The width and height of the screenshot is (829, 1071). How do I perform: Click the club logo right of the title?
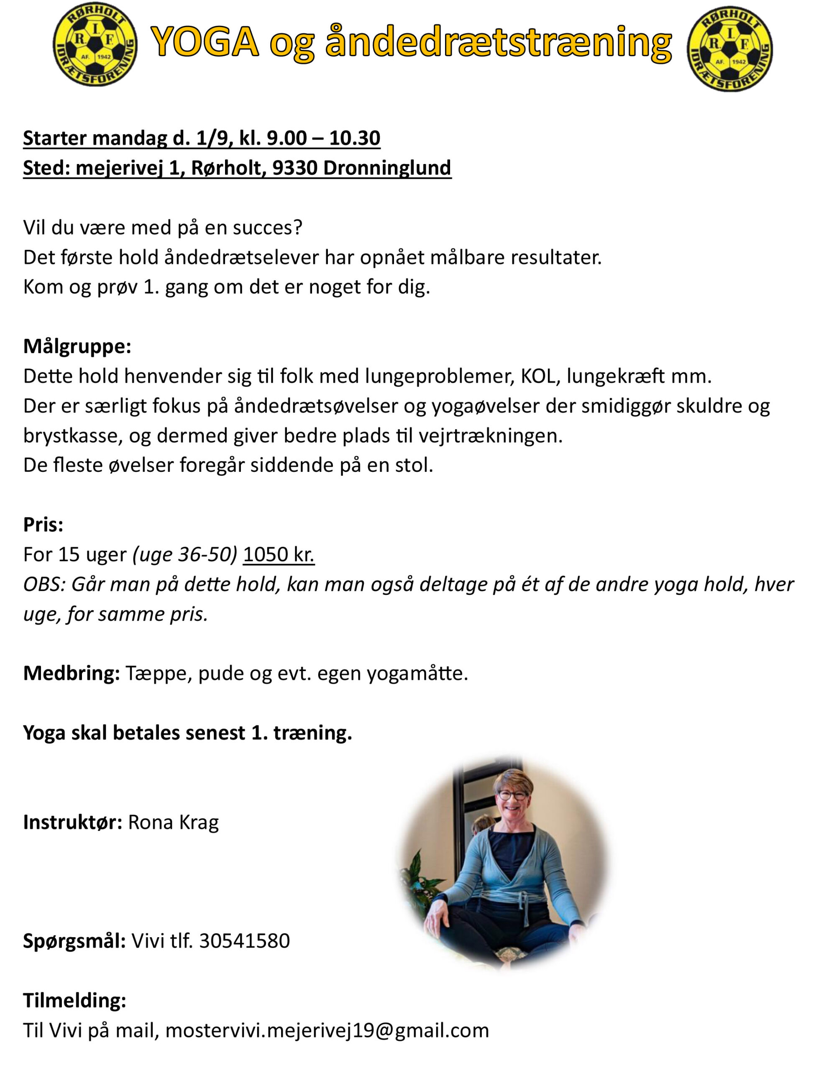[730, 48]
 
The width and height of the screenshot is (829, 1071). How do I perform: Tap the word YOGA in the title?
[205, 42]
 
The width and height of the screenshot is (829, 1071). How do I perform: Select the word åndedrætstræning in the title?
[498, 43]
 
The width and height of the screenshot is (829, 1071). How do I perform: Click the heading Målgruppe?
[77, 346]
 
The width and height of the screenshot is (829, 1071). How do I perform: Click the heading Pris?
[43, 525]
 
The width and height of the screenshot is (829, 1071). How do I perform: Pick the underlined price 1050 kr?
[279, 555]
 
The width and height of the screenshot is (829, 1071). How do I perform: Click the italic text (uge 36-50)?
[185, 555]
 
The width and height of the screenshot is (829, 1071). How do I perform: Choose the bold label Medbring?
[72, 673]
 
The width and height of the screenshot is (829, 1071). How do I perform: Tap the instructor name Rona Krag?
[173, 822]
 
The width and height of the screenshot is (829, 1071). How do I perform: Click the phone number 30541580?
[244, 941]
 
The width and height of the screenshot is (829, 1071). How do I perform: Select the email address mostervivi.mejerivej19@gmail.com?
[327, 1030]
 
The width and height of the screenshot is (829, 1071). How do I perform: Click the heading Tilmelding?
[74, 1000]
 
